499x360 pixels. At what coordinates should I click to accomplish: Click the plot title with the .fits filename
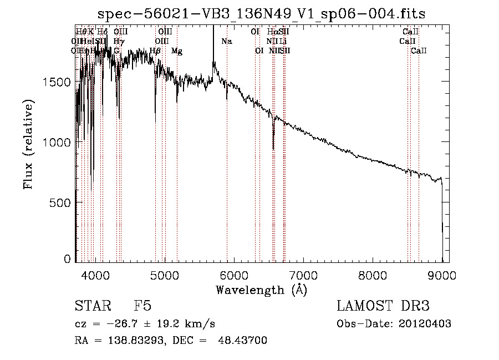coord(261,13)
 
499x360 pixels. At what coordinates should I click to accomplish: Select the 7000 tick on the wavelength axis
coord(303,275)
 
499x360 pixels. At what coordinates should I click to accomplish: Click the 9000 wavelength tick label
coord(442,275)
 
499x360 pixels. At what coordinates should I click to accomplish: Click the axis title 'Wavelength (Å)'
coord(261,290)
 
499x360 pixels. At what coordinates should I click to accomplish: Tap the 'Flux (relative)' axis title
coord(28,144)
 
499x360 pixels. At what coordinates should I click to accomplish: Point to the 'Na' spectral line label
coord(226,42)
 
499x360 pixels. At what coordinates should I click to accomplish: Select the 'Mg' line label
coord(177,51)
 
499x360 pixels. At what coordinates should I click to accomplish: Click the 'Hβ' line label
coord(155,51)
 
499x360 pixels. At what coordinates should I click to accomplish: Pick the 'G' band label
coord(116,51)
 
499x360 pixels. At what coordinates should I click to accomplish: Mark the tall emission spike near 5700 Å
coord(213,44)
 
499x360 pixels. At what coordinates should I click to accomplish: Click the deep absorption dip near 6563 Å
coord(273,145)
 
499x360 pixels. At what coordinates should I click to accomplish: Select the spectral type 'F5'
coord(142,306)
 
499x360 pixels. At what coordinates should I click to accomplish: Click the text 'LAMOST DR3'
coord(383,306)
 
